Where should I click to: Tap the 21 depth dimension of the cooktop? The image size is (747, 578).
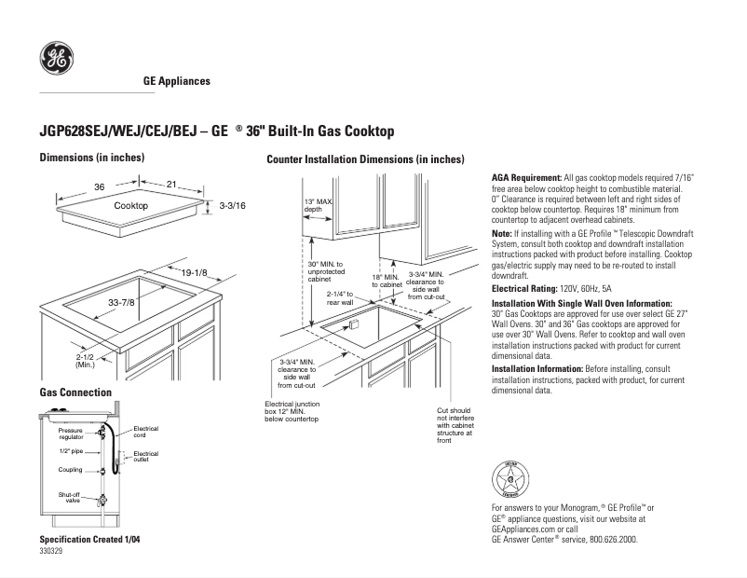coord(171,185)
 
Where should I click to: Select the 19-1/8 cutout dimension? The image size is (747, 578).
coord(195,271)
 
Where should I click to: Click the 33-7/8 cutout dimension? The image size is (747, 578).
coord(122,302)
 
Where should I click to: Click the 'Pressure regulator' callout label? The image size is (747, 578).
coord(71,433)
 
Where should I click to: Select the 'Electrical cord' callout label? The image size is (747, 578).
coord(146,432)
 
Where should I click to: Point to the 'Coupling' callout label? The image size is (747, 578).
coord(71,469)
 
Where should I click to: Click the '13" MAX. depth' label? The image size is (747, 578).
coord(319,205)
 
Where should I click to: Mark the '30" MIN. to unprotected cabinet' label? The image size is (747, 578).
coord(326,271)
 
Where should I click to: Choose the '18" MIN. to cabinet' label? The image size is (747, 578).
coord(387,281)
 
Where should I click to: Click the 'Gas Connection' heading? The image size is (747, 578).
coord(75,392)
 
